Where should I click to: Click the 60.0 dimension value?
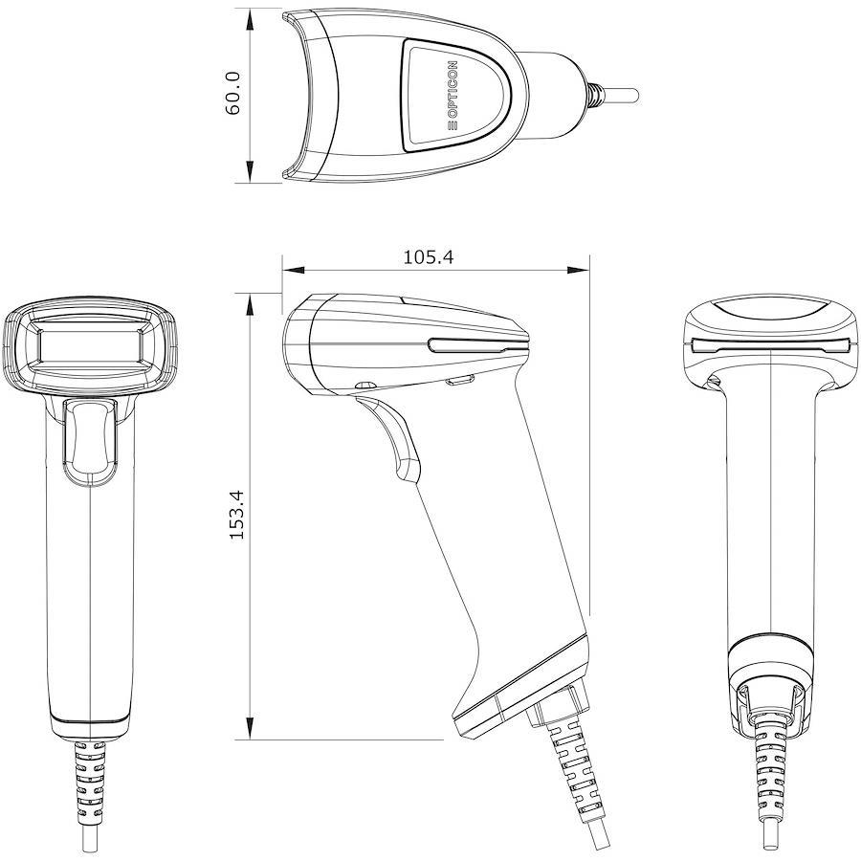click(x=232, y=93)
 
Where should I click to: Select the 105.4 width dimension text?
click(x=429, y=257)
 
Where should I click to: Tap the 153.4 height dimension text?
click(x=236, y=515)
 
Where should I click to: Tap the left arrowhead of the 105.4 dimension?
click(x=294, y=270)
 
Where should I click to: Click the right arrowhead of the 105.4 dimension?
click(x=578, y=270)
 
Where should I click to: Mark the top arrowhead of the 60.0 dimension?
click(x=251, y=19)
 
